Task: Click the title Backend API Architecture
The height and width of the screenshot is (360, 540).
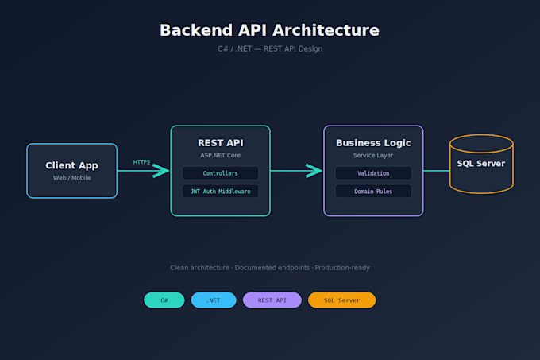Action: pyautogui.click(x=270, y=30)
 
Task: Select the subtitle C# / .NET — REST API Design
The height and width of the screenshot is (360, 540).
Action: pyautogui.click(x=270, y=49)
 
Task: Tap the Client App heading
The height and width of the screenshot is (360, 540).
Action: pyautogui.click(x=72, y=166)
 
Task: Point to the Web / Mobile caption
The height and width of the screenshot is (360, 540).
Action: pyautogui.click(x=72, y=178)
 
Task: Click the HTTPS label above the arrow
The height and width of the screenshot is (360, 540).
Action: pyautogui.click(x=141, y=162)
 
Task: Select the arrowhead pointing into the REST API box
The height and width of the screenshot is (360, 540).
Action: pyautogui.click(x=161, y=171)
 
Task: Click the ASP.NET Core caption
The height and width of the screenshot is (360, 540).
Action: pyautogui.click(x=221, y=156)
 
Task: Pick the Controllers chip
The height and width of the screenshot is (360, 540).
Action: pyautogui.click(x=221, y=173)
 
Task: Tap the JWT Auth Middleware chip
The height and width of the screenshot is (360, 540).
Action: pyautogui.click(x=221, y=192)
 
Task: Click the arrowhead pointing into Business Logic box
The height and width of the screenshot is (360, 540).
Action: pyautogui.click(x=314, y=171)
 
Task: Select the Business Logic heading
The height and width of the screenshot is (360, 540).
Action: pyautogui.click(x=373, y=143)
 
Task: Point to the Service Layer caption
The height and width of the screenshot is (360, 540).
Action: pyautogui.click(x=373, y=156)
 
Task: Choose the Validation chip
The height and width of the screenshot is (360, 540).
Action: pyautogui.click(x=373, y=173)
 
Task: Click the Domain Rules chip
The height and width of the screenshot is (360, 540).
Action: pyautogui.click(x=373, y=192)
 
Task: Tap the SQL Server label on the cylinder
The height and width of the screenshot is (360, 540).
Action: pyautogui.click(x=481, y=164)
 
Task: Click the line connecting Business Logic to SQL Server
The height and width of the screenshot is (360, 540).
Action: pyautogui.click(x=437, y=171)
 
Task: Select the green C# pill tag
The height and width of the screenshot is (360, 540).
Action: pyautogui.click(x=164, y=300)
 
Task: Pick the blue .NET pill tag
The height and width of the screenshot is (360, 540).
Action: pyautogui.click(x=214, y=300)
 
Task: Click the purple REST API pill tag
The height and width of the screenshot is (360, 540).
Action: pyautogui.click(x=272, y=300)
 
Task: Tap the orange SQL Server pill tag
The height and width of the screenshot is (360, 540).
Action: pyautogui.click(x=341, y=300)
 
